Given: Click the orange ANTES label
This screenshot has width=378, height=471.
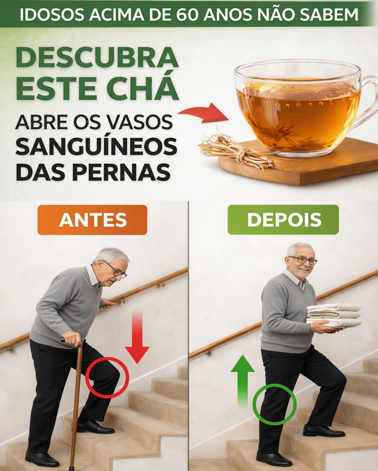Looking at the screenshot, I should point(92,220).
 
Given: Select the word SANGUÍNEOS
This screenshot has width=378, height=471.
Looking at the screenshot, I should point(97,147).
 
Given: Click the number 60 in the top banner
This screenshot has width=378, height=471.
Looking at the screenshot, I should point(187,15).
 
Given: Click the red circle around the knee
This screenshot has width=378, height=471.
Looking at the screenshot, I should point(107,377).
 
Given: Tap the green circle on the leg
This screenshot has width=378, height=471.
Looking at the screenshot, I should point(274,404).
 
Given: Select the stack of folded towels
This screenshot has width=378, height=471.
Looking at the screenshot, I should point(334,315).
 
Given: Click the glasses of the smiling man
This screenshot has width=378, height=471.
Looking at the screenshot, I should point(303,260).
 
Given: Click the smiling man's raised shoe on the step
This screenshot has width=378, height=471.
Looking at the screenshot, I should point(324,431).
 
